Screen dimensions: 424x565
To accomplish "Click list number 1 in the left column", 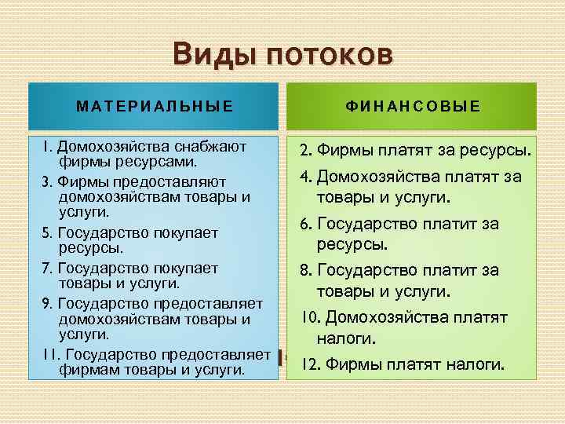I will pyautogui.click(x=47, y=146).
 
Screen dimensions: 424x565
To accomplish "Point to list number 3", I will pyautogui.click(x=46, y=181).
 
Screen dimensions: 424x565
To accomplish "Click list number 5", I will pyautogui.click(x=46, y=233).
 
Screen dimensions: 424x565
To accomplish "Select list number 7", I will pyautogui.click(x=46, y=268).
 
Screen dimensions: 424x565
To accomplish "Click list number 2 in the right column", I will pyautogui.click(x=304, y=150).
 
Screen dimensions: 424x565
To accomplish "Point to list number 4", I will pyautogui.click(x=306, y=177).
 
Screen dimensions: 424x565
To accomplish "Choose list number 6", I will pyautogui.click(x=305, y=225).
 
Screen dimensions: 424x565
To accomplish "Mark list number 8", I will pyautogui.click(x=305, y=271).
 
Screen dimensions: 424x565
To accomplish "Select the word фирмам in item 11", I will pyautogui.click(x=85, y=369).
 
